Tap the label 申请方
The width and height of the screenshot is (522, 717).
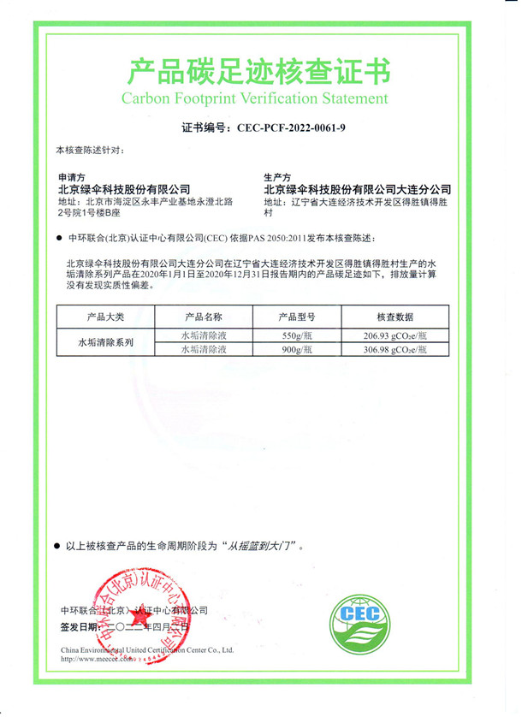click(70, 177)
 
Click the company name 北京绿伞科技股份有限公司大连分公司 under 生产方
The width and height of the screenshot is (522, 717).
click(357, 189)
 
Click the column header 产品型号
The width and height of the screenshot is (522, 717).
click(299, 317)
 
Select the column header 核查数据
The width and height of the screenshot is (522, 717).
click(395, 317)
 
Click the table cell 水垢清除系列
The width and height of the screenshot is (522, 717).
click(105, 342)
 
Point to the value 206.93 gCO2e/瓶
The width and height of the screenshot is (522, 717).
click(395, 335)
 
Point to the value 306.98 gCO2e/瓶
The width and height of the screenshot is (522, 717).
click(395, 349)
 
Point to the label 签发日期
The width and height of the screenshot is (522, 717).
click(80, 627)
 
